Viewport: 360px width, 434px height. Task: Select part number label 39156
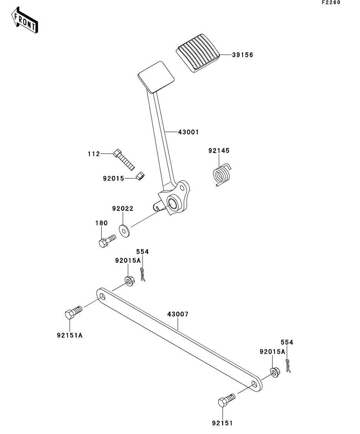coord(242,55)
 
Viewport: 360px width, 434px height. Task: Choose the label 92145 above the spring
coord(219,151)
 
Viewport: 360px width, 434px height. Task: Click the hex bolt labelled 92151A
coord(72,312)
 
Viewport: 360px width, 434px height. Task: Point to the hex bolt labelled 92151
coord(226,401)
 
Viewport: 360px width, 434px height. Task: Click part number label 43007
coord(178,314)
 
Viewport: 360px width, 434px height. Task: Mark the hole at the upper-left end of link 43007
coord(102,296)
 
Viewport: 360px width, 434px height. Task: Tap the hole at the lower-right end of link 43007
coord(255,384)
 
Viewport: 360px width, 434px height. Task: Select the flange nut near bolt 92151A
coord(129,280)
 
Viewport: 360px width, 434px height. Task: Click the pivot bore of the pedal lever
coord(173,203)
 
